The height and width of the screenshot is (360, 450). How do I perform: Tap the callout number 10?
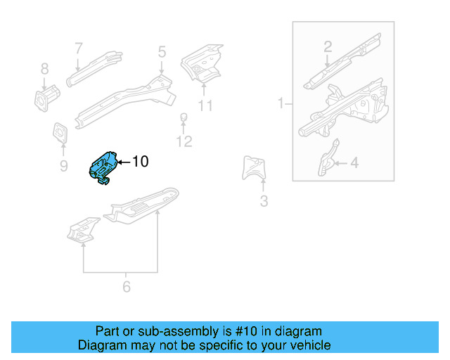pos(140,162)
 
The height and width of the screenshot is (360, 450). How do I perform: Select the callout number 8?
pos(44,69)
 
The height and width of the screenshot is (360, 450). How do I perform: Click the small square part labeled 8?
pos(44,98)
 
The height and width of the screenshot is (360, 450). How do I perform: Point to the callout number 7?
pos(79,48)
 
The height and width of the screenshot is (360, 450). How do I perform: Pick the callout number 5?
pos(162,51)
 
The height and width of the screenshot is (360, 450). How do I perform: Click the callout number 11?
pos(205,106)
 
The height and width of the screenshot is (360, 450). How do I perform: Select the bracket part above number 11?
pos(202,64)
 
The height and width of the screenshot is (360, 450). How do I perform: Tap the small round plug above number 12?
pos(184,117)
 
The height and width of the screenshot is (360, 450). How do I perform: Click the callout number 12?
pos(184,142)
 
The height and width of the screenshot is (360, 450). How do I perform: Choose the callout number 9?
pos(63,166)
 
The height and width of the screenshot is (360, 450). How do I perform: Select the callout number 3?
pos(264,202)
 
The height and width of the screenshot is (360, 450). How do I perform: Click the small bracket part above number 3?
pos(255,169)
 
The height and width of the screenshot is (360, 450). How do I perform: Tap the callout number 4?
pos(354,163)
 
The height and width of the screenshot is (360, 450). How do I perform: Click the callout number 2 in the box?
pos(327,47)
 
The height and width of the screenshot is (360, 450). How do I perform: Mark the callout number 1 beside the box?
pos(280,104)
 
